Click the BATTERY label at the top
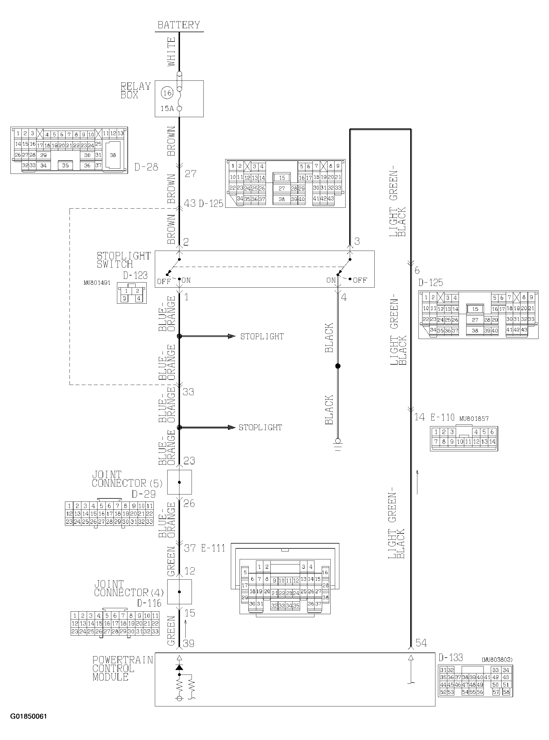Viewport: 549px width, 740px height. pyautogui.click(x=179, y=25)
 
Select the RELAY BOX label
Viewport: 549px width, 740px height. pyautogui.click(x=136, y=91)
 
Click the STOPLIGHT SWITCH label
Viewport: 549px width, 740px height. pyautogui.click(x=124, y=260)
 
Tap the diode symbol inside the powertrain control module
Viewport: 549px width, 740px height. pyautogui.click(x=179, y=667)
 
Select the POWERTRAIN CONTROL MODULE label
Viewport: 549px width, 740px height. pyautogui.click(x=123, y=669)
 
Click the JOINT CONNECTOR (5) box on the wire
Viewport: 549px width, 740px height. pyautogui.click(x=179, y=482)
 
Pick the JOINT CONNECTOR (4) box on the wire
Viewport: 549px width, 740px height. pyautogui.click(x=179, y=592)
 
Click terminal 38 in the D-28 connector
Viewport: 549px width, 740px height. pyautogui.click(x=113, y=155)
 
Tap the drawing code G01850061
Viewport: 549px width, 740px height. pyautogui.click(x=29, y=723)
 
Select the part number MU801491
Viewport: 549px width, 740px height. pyautogui.click(x=97, y=283)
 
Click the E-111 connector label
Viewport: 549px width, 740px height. pyautogui.click(x=213, y=548)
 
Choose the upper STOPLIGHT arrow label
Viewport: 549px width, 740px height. pyautogui.click(x=262, y=336)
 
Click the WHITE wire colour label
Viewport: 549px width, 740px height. pyautogui.click(x=171, y=52)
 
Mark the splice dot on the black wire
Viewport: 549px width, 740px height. pyautogui.click(x=338, y=366)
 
